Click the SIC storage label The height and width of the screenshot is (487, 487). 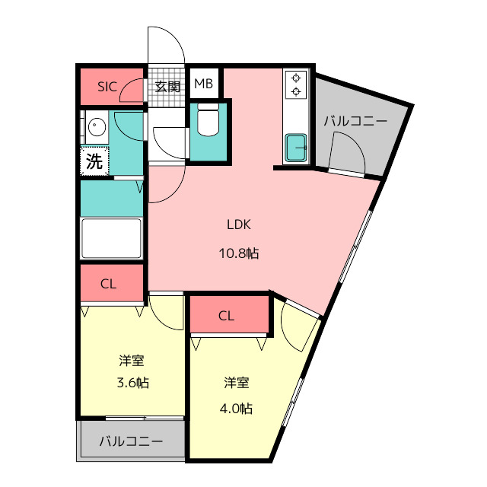coord(107,87)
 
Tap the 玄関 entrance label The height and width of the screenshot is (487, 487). coord(167,87)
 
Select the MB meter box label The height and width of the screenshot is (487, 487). coord(203,84)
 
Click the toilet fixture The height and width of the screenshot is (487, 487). coord(208,119)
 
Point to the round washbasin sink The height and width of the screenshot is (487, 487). coord(97,127)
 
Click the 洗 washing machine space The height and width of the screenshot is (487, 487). coord(94,161)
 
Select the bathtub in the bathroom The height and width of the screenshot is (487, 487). coord(111,238)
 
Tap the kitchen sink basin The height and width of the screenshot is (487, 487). coord(296,148)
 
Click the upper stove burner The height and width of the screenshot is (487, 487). coord(296,78)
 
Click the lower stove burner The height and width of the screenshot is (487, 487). coord(296,91)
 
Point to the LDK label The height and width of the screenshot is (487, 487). coord(238,224)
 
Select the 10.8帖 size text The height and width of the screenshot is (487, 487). coord(239,253)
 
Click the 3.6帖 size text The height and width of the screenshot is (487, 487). coord(132,382)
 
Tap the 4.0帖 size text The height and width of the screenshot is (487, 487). coord(236,409)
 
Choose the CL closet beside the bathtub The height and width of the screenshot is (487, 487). coord(112,283)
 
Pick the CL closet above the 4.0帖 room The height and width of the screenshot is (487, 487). coord(229,314)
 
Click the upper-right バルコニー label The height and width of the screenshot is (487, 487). coord(355,121)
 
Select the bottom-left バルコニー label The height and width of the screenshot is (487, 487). coord(131,441)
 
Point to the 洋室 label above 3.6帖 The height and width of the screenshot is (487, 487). coord(132,361)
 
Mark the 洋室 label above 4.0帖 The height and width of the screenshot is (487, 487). coord(237,382)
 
